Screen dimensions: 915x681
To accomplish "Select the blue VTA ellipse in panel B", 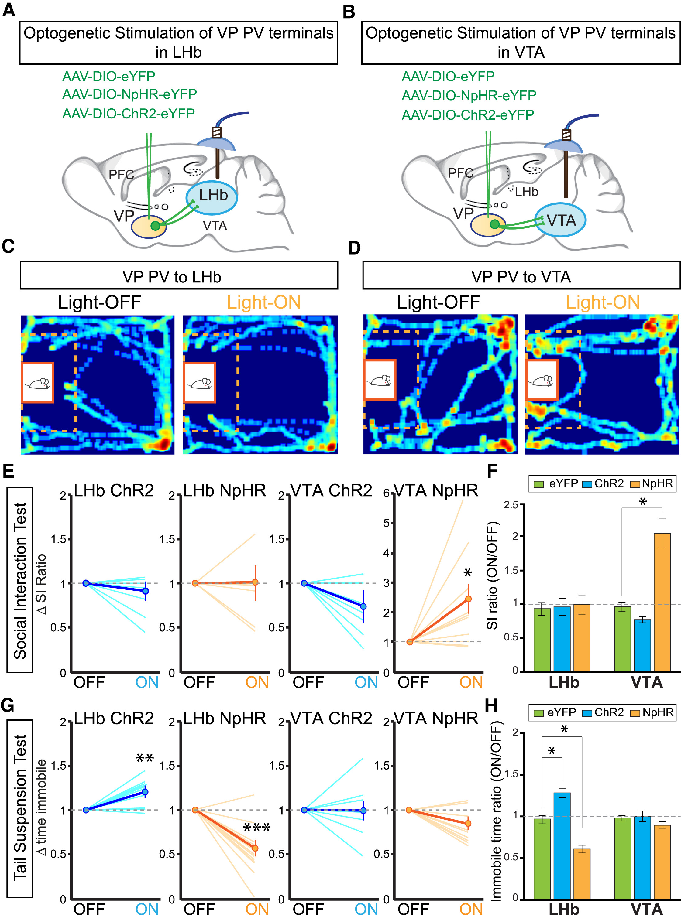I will coord(560,220).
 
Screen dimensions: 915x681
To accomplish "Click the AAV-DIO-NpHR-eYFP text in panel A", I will coord(129,94).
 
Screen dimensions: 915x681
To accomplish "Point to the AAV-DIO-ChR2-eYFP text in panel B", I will coord(468,114).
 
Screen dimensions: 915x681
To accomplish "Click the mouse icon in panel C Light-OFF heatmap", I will coord(37,383).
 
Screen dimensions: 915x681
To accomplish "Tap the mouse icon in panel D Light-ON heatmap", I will coord(542,379).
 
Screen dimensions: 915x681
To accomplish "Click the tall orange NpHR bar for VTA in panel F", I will coord(662,602).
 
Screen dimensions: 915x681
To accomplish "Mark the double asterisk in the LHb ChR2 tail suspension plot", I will coord(145,758).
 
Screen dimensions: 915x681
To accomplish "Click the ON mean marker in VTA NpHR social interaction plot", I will coord(468,599).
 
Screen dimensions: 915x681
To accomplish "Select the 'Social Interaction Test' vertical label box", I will coord(20,580).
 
